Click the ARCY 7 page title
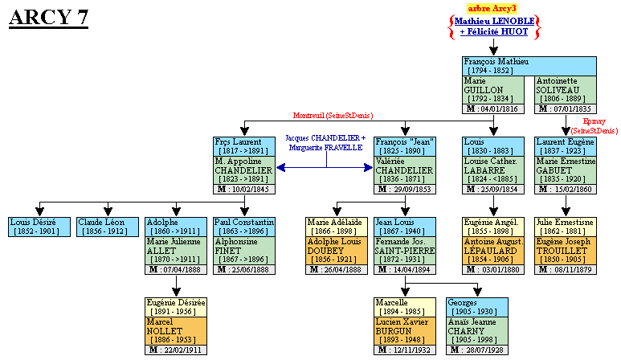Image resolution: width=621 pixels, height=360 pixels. click(x=48, y=18)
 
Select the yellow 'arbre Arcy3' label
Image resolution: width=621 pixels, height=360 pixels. click(x=493, y=7)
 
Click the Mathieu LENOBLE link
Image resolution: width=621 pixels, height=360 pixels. click(x=493, y=21)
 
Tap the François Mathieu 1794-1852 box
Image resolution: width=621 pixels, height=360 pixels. click(x=529, y=66)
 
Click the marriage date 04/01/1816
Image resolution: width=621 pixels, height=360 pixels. click(x=497, y=108)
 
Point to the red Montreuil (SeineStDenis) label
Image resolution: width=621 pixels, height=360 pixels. click(x=332, y=116)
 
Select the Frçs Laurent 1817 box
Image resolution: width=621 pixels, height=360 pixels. click(x=245, y=146)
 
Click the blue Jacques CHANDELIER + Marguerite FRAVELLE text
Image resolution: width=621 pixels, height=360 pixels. click(x=325, y=144)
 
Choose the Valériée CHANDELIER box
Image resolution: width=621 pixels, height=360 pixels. click(x=405, y=170)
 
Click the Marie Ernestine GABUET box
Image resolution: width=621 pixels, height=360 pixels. click(x=566, y=170)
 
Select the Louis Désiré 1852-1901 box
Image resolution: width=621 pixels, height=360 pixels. click(x=39, y=227)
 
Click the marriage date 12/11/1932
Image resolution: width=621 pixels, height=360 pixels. click(x=405, y=350)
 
